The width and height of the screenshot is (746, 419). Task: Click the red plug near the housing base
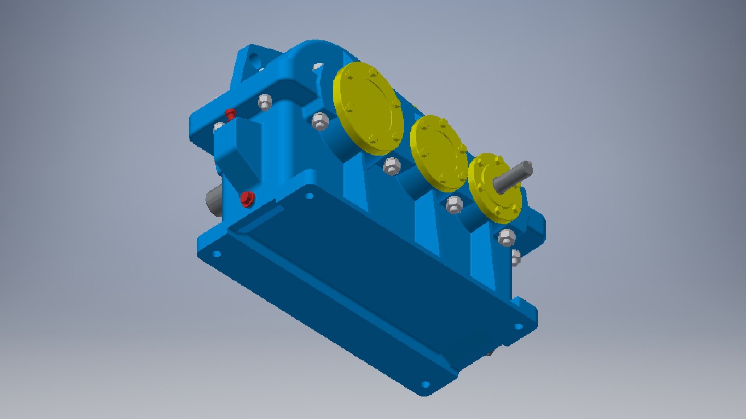pyautogui.click(x=247, y=199)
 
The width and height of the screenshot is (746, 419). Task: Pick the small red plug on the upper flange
pyautogui.click(x=231, y=114)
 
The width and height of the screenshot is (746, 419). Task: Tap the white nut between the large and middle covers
pyautogui.click(x=392, y=166)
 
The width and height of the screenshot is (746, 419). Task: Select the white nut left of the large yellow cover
pyautogui.click(x=320, y=121)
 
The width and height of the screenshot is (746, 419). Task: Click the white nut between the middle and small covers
pyautogui.click(x=454, y=204)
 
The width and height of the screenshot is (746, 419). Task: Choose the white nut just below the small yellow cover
pyautogui.click(x=507, y=237)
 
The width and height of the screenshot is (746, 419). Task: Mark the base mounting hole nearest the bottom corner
pyautogui.click(x=425, y=384)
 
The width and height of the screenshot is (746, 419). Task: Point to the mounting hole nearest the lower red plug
pyautogui.click(x=309, y=196)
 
